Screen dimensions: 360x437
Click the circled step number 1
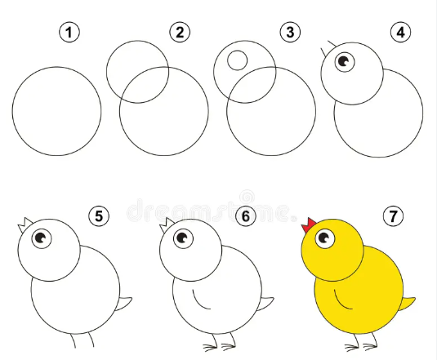(71, 33)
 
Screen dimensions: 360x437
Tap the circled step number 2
(179, 33)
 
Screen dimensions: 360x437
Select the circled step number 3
(287, 33)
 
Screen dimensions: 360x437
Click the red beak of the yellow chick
(310, 224)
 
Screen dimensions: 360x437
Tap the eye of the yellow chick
(325, 238)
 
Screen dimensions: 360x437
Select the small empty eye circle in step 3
(237, 60)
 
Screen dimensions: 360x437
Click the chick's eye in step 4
(344, 60)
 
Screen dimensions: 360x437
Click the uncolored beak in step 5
(25, 224)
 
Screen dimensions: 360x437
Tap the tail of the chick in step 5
(125, 305)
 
